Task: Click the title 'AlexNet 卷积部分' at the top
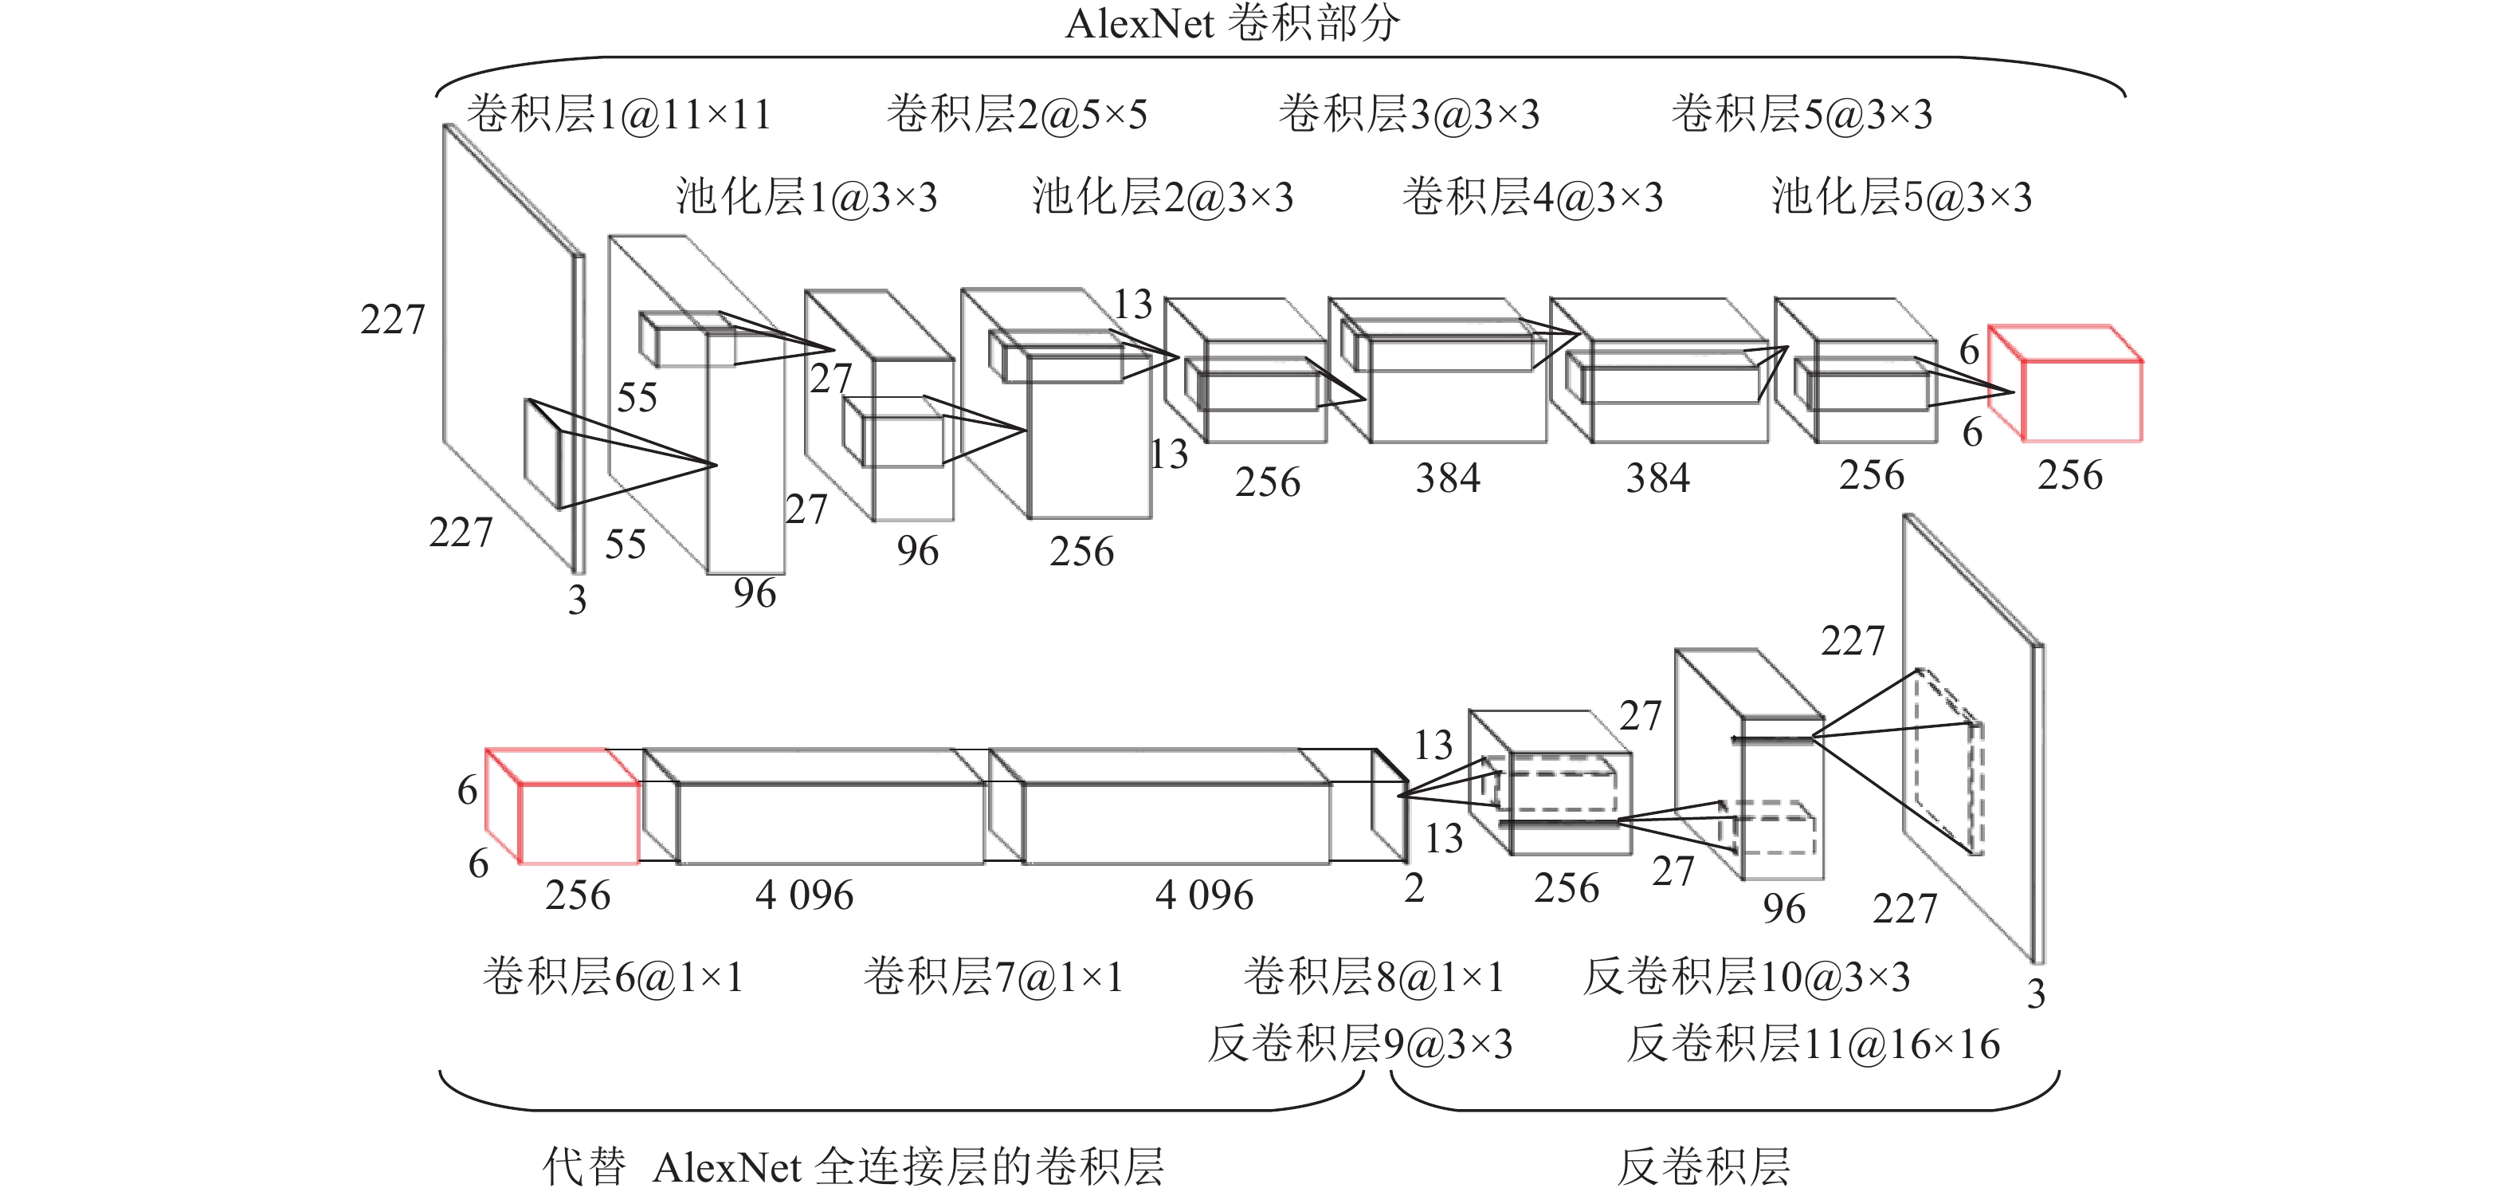1232,23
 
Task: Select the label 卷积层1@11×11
618,114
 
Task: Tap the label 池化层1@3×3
806,197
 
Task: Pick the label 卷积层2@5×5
1016,114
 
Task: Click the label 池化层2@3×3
1163,197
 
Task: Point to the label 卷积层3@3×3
1409,114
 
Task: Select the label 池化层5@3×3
1901,197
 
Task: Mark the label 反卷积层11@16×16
1814,1044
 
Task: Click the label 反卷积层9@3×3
1360,1044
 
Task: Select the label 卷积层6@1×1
613,976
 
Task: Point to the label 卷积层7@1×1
993,976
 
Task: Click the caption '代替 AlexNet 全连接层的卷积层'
853,1166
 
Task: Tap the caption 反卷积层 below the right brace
1704,1166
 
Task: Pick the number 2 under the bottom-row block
1414,888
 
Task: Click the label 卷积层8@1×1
1374,976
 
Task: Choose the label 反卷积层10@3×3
1746,976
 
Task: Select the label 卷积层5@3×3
1802,114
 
